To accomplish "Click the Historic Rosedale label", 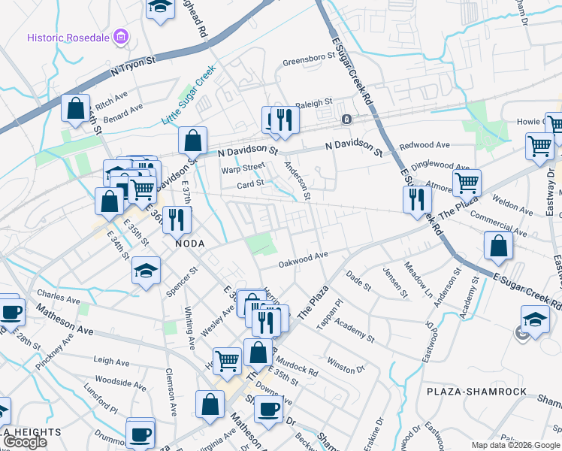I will [x=68, y=37].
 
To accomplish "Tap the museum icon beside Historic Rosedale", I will [x=120, y=37].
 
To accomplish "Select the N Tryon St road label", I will [x=133, y=68].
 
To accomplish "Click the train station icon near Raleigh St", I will [x=346, y=119].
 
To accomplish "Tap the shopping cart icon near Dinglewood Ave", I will [x=467, y=181].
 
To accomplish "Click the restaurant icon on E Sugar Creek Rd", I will [x=415, y=199].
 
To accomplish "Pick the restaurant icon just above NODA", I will [x=177, y=219].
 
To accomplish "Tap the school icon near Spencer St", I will [x=145, y=271].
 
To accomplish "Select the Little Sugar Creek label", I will [x=189, y=95].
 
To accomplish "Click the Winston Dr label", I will [x=346, y=368].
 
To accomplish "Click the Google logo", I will [x=24, y=442].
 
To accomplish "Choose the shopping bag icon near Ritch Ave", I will [x=76, y=108].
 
